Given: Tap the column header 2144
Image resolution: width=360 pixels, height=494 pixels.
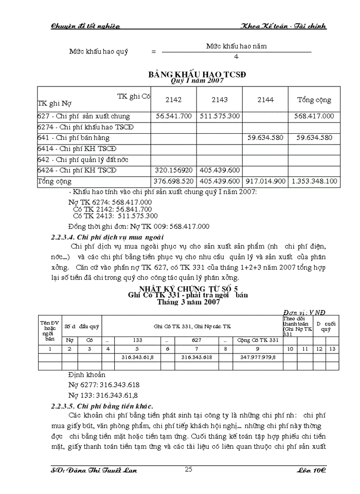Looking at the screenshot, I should point(265,99).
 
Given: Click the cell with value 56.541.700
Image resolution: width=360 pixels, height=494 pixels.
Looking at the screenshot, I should point(173,116).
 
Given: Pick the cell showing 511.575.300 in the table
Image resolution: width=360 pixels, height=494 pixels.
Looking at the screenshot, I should point(220,116).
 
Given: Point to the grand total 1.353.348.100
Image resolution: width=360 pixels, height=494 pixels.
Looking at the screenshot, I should point(314,181).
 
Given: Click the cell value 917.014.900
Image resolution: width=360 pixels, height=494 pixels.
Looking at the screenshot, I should point(265,181).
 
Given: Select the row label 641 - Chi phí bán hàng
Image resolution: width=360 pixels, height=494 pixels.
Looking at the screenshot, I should point(74,138).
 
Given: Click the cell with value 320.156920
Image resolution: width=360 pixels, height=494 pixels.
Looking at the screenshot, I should point(173,170).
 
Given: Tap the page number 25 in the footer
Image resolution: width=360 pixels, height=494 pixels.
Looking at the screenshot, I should point(188,469).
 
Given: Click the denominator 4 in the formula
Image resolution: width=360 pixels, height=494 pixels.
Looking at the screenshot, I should point(236,56).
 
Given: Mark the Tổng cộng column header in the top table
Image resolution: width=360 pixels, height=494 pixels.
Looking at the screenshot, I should point(314,100).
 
